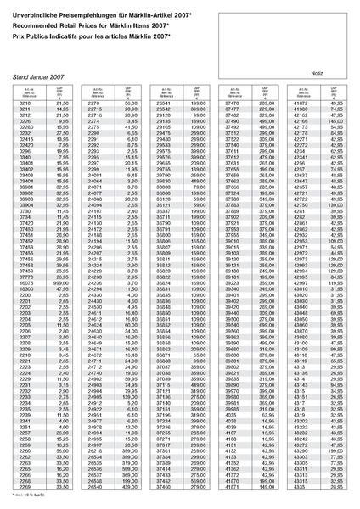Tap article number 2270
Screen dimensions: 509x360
pos(95,103)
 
